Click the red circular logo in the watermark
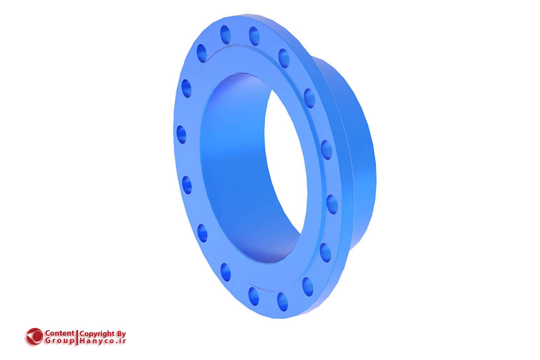(x=34, y=336)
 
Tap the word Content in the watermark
(x=59, y=333)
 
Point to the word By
(x=121, y=333)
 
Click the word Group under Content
(x=59, y=340)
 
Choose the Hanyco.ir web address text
(x=103, y=340)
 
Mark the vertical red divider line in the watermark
(x=77, y=337)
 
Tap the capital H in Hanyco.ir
(x=82, y=340)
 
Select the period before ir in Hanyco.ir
(x=119, y=342)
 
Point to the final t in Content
(x=73, y=333)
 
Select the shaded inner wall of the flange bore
(x=229, y=164)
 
